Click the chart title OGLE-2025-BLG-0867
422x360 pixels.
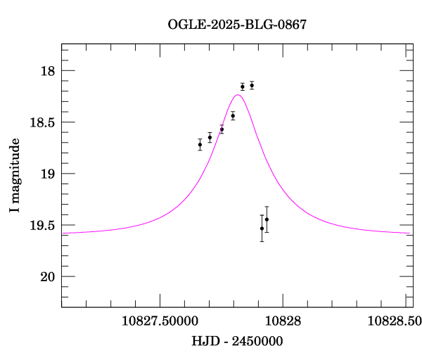(x=237, y=25)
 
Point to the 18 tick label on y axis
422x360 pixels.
(x=48, y=71)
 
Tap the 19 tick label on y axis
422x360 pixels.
(x=48, y=174)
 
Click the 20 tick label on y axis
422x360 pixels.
(x=48, y=276)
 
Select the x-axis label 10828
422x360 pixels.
(x=283, y=320)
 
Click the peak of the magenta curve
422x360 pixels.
(x=238, y=94)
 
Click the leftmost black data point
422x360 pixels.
(x=200, y=145)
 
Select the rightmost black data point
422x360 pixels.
(x=267, y=219)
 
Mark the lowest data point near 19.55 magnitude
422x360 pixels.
(x=262, y=229)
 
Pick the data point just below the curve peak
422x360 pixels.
(x=233, y=115)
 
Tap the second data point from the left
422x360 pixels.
(x=210, y=138)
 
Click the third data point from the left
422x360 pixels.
(x=222, y=129)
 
